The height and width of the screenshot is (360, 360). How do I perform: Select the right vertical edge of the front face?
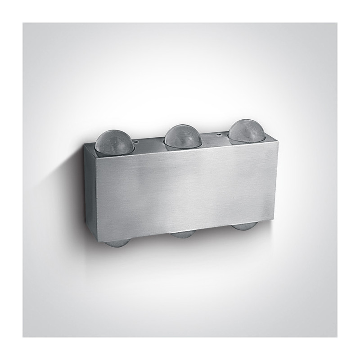[x=271, y=180]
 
